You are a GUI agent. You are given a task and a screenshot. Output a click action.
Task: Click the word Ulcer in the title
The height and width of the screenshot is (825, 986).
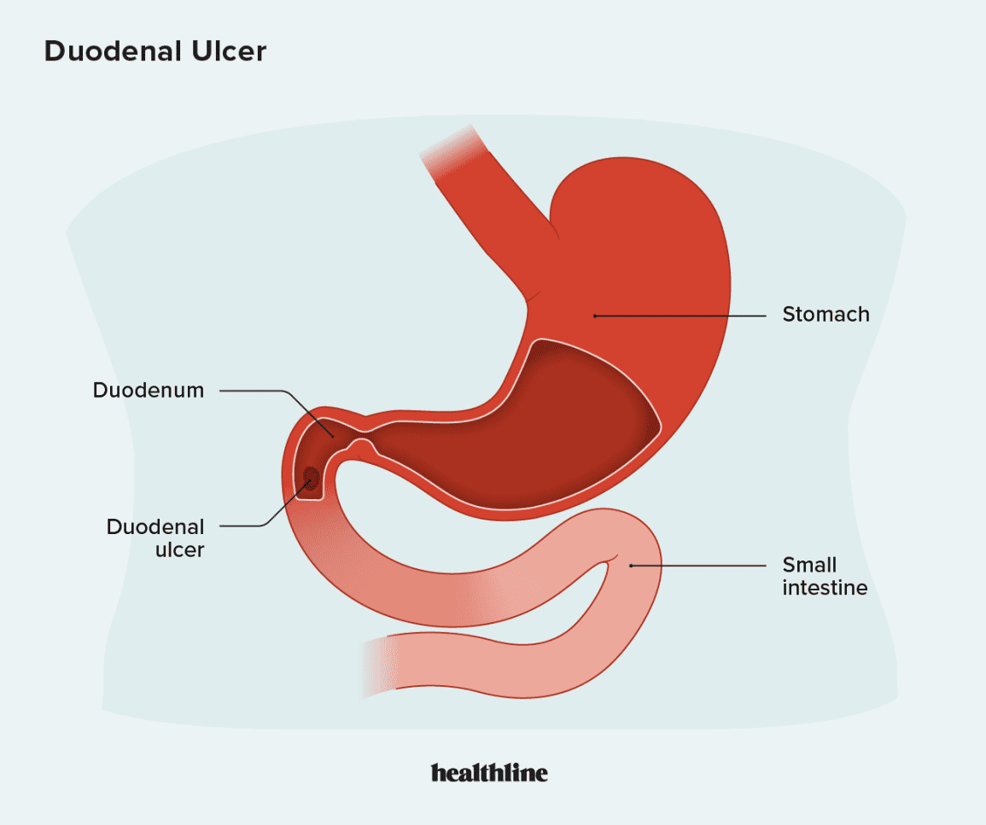229,51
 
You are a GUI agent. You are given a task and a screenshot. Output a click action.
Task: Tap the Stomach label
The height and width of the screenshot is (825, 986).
826,314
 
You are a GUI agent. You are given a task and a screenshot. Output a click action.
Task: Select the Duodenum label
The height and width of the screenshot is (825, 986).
149,390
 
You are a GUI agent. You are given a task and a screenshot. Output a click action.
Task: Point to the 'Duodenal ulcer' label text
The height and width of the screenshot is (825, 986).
155,537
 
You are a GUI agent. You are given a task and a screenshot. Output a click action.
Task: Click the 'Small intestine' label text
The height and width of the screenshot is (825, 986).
825,576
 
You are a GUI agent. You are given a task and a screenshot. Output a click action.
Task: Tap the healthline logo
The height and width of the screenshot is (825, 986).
489,773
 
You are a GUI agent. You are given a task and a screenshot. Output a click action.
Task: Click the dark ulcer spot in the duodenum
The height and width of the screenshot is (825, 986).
311,478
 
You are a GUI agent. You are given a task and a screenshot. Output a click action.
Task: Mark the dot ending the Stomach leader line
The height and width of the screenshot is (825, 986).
595,316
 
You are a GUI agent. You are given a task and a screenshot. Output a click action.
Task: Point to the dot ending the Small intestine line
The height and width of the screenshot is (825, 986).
632,566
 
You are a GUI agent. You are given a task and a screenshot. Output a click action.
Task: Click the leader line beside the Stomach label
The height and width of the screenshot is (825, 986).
680,316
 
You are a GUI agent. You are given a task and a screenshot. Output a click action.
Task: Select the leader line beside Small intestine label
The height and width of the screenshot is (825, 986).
698,566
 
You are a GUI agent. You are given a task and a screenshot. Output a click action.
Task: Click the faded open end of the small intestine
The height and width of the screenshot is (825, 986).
377,666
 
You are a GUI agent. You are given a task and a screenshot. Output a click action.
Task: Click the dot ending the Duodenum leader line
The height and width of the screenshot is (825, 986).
332,435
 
